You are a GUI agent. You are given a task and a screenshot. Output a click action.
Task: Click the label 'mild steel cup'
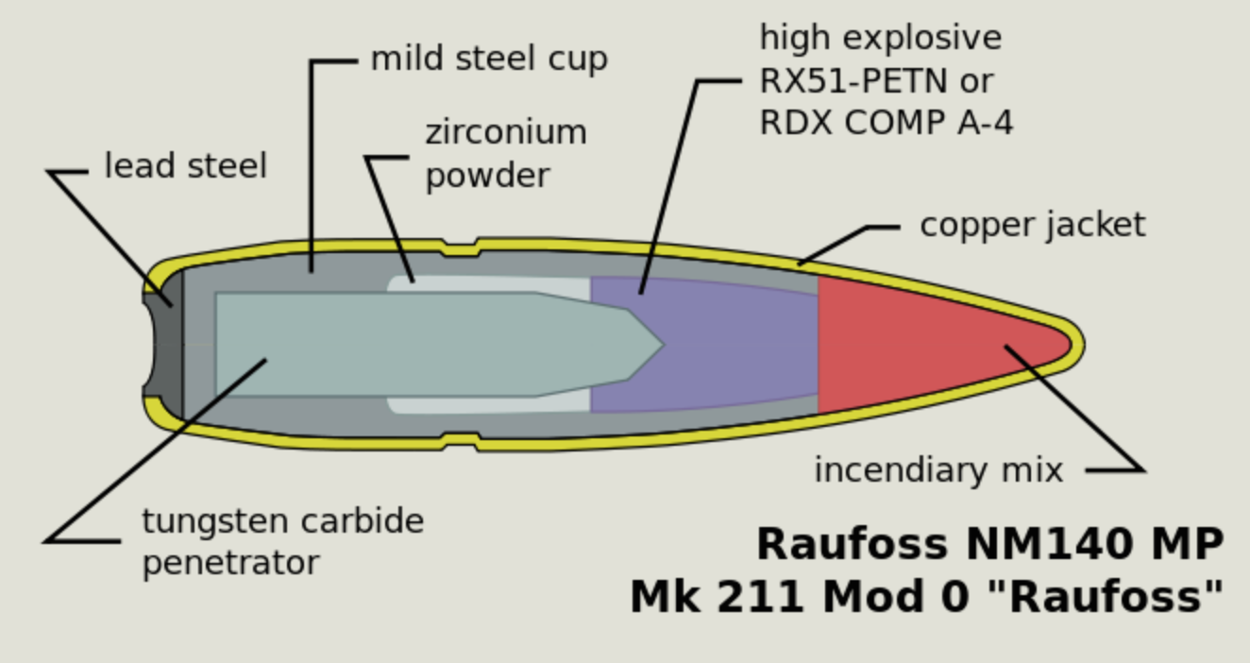click(488, 59)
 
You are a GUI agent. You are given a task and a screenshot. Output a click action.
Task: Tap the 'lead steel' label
click(185, 166)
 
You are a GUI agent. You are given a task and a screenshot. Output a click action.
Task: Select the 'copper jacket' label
click(1032, 225)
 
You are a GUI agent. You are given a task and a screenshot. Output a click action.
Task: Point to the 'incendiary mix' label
click(938, 469)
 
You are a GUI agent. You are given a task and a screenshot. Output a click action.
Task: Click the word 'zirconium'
click(505, 132)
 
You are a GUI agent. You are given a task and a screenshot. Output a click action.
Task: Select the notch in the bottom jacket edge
click(460, 440)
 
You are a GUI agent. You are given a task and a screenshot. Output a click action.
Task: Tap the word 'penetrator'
click(230, 563)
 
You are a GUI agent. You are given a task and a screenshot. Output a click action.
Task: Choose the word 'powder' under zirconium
click(486, 176)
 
